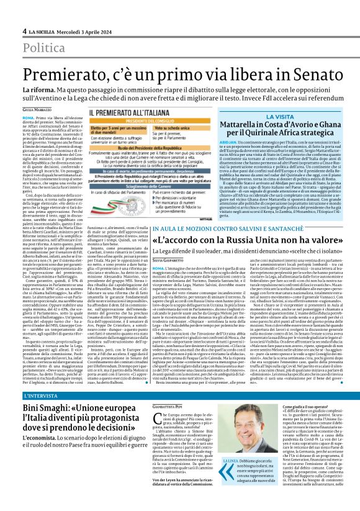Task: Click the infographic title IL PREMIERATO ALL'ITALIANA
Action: click(124, 113)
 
